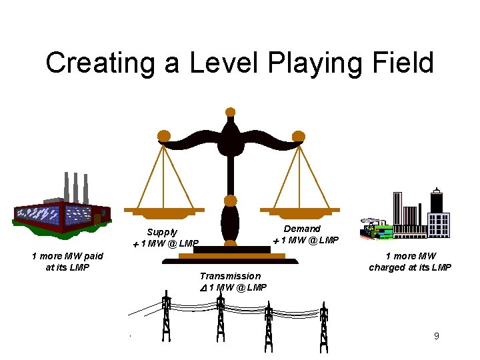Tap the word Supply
[x=162, y=232]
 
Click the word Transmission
[x=230, y=276]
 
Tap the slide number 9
[x=437, y=336]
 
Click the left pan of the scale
[x=163, y=212]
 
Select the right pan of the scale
[x=298, y=212]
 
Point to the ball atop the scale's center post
[x=231, y=112]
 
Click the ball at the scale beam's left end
[x=163, y=136]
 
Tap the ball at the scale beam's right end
[x=299, y=136]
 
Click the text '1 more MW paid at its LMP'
[x=67, y=261]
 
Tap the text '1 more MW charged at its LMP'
[x=410, y=261]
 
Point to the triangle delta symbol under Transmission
[x=204, y=287]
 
